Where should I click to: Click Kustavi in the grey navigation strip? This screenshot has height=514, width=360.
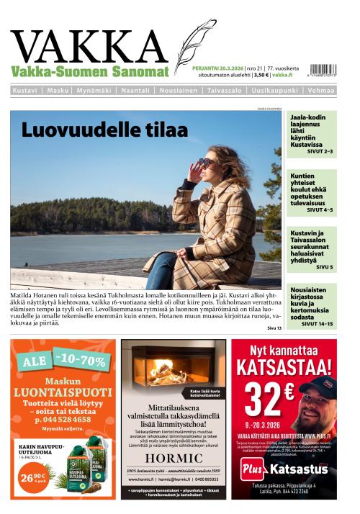point(25,91)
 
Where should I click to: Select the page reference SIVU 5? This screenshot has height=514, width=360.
point(324,267)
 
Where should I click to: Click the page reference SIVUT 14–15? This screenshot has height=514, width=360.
point(317,324)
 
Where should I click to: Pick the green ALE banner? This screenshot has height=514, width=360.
point(63,359)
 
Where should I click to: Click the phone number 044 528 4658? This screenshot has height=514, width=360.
point(63,419)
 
